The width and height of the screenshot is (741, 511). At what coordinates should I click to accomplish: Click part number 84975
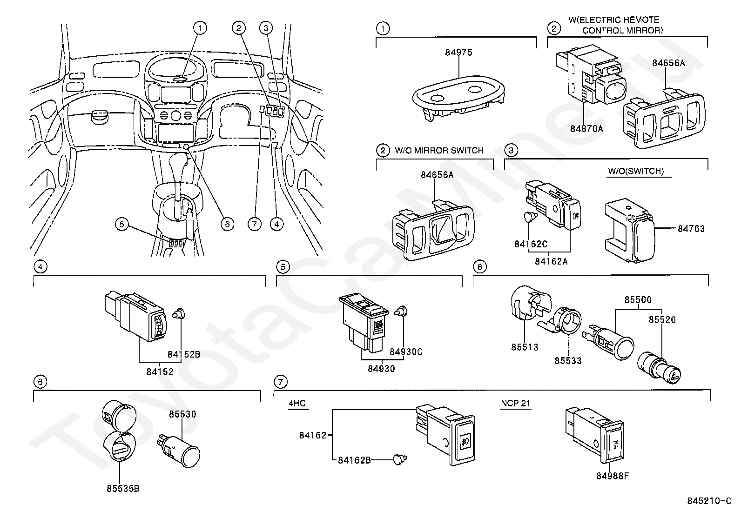pyautogui.click(x=458, y=52)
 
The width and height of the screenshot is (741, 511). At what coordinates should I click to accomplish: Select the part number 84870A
pyautogui.click(x=586, y=129)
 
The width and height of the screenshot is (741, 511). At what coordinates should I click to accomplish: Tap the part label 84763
pyautogui.click(x=691, y=228)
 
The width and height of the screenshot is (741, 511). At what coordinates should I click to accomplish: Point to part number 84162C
pyautogui.click(x=531, y=244)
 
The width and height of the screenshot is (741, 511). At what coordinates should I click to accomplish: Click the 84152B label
pyautogui.click(x=184, y=354)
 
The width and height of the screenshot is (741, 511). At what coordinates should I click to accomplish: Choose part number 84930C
pyautogui.click(x=406, y=352)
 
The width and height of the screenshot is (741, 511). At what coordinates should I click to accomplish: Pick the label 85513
pyautogui.click(x=525, y=347)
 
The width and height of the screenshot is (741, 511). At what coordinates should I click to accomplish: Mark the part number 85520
pyautogui.click(x=662, y=319)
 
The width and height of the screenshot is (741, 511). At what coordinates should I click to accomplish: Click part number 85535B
pyautogui.click(x=123, y=489)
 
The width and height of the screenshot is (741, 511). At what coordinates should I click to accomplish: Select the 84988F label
pyautogui.click(x=613, y=476)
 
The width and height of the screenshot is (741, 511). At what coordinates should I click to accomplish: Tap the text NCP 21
pyautogui.click(x=515, y=403)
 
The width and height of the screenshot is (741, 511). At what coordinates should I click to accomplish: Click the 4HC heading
pyautogui.click(x=297, y=403)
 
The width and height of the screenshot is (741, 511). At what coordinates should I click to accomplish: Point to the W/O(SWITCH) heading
pyautogui.click(x=636, y=171)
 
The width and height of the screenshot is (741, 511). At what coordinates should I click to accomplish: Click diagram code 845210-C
pyautogui.click(x=709, y=501)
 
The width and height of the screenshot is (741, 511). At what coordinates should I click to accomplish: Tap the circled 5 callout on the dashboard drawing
pyautogui.click(x=122, y=225)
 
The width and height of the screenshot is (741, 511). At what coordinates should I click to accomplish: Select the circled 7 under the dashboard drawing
pyautogui.click(x=255, y=225)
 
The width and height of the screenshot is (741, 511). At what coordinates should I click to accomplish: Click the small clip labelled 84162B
pyautogui.click(x=400, y=459)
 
